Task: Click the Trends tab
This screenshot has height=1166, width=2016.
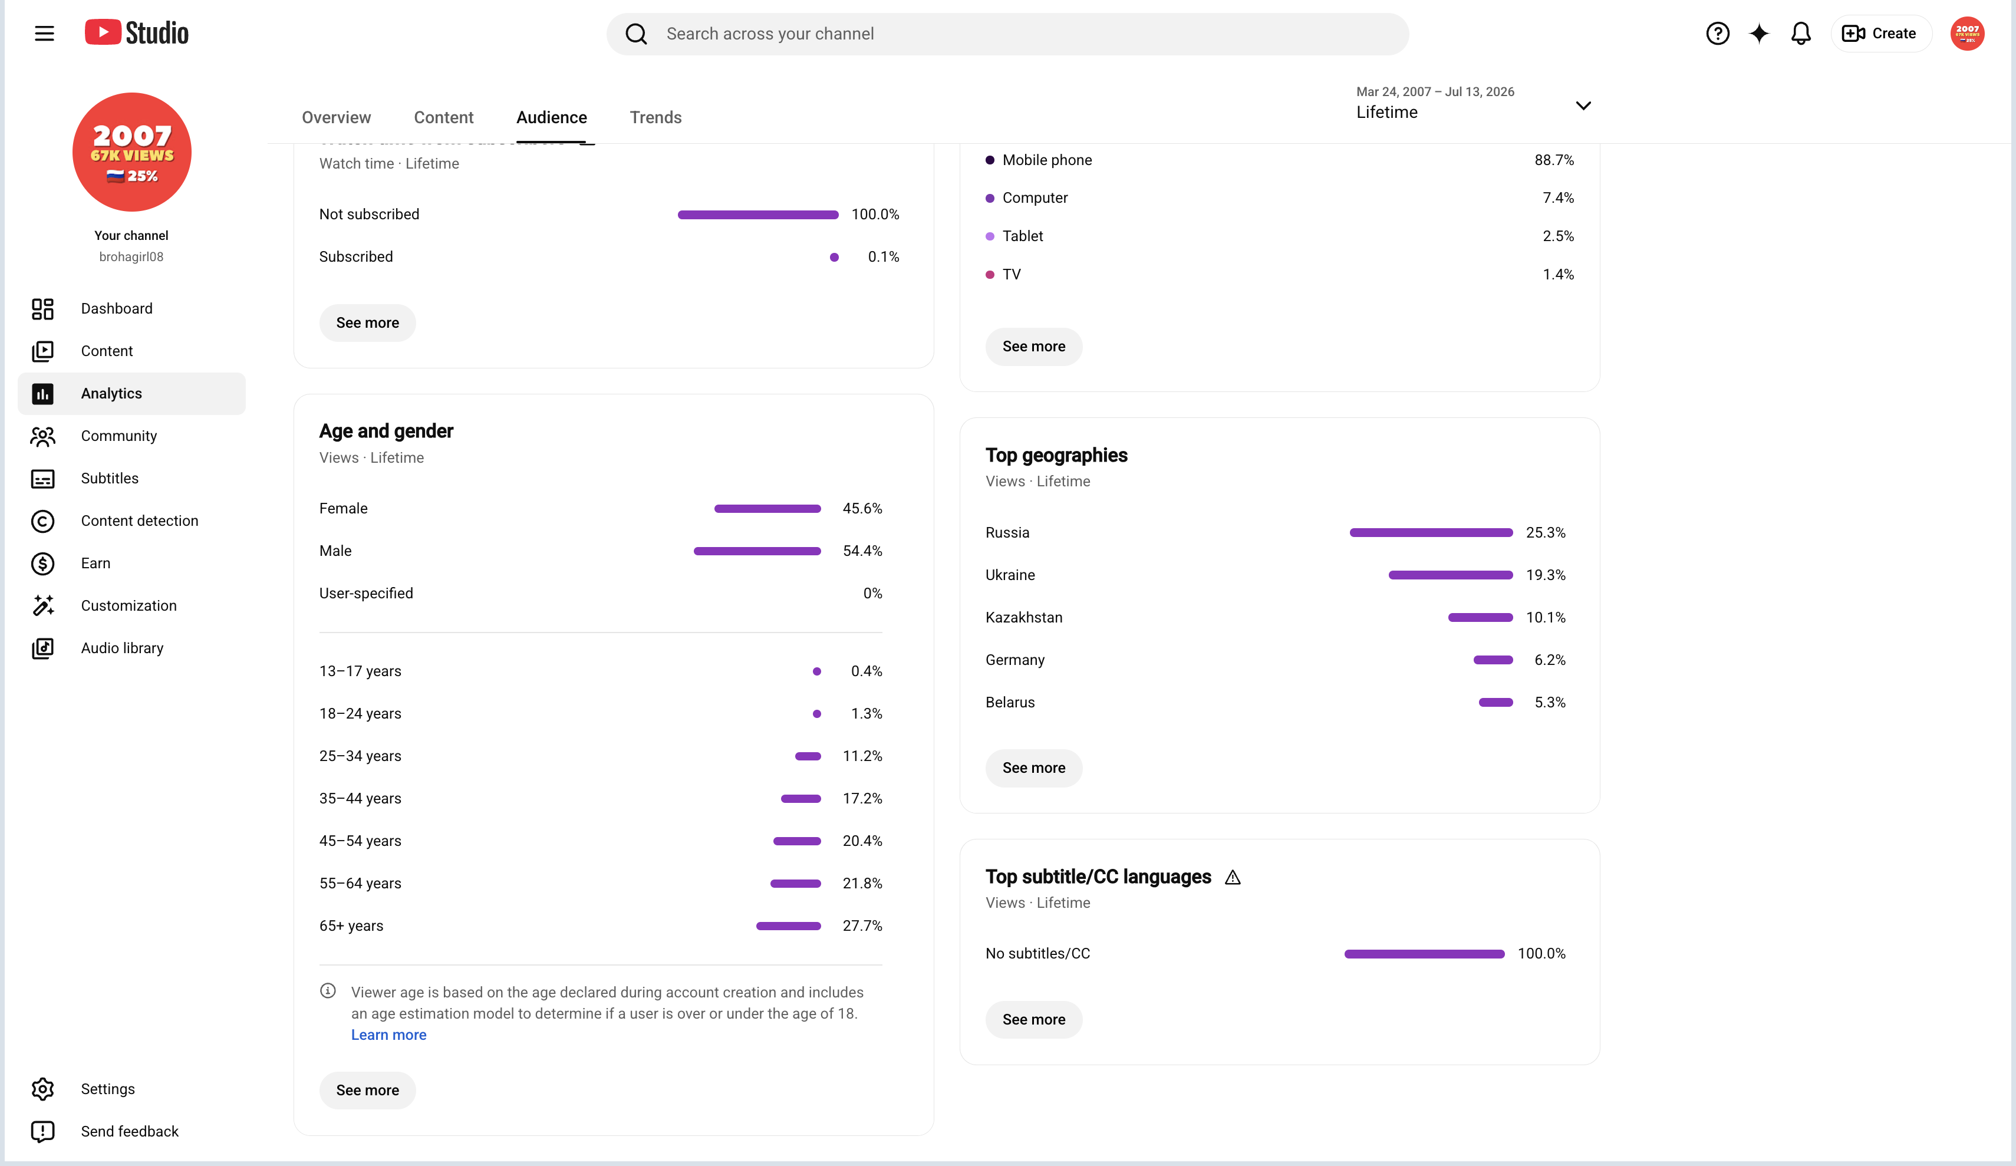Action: coord(655,118)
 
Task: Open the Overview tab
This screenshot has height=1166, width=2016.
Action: coord(336,118)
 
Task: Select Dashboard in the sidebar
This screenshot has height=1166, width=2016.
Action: coord(116,309)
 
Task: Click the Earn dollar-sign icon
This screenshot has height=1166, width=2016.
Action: coord(42,564)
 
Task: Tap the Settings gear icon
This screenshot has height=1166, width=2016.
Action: coord(42,1089)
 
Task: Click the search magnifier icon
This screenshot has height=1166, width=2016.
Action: coord(636,34)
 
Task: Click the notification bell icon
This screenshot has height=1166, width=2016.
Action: coord(1801,34)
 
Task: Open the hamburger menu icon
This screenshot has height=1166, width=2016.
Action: coord(44,34)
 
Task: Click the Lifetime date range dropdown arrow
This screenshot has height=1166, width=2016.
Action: coord(1583,106)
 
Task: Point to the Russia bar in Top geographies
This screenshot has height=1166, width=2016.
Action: coord(1431,533)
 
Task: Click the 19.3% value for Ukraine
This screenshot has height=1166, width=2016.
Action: coord(1546,575)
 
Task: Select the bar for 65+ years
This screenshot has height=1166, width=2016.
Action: coord(788,926)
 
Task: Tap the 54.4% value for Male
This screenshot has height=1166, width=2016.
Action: coord(862,551)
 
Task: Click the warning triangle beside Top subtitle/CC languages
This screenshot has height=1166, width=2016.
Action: coord(1233,878)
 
